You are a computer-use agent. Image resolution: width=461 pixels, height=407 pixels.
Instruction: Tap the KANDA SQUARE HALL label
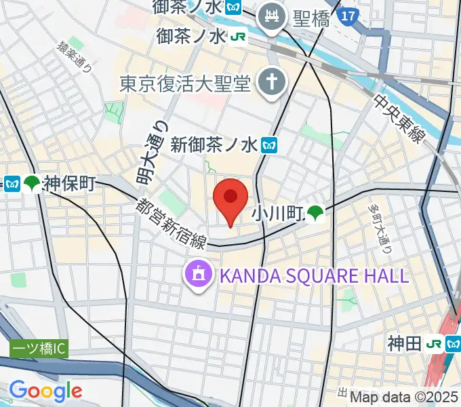pos(313,275)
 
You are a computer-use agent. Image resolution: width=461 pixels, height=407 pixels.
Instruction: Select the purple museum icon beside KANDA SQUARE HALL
pos(198,275)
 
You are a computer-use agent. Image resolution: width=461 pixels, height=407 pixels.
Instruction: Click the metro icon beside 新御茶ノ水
pos(270,144)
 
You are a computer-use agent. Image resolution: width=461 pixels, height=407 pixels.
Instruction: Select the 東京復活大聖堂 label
pos(185,83)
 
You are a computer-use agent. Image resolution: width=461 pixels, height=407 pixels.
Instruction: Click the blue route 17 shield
pos(348,13)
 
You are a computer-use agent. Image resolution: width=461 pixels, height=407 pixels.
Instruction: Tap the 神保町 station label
pos(69,184)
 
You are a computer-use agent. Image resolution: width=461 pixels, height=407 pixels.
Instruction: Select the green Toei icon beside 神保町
pos(31,184)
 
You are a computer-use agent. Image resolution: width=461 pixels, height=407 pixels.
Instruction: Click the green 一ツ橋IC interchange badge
pos(39,349)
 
